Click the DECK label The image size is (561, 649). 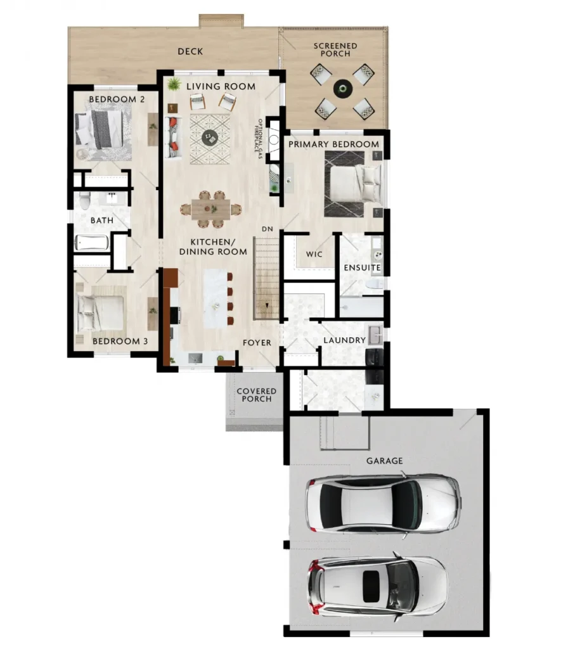[x=190, y=51]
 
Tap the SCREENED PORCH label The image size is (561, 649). [x=335, y=49]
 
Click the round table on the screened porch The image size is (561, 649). [x=343, y=88]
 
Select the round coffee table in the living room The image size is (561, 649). [x=210, y=138]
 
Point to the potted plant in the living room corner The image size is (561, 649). [x=174, y=84]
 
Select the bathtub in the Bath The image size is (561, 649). [x=92, y=243]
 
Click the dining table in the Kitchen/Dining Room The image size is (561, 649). [x=210, y=209]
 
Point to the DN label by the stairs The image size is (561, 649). [x=268, y=229]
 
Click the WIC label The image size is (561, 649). [x=314, y=254]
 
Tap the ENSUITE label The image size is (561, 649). [x=362, y=268]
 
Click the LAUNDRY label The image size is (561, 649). [x=344, y=340]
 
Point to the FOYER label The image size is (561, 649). [x=257, y=343]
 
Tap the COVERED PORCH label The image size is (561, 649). [x=256, y=395]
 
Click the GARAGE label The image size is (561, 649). [x=385, y=461]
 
